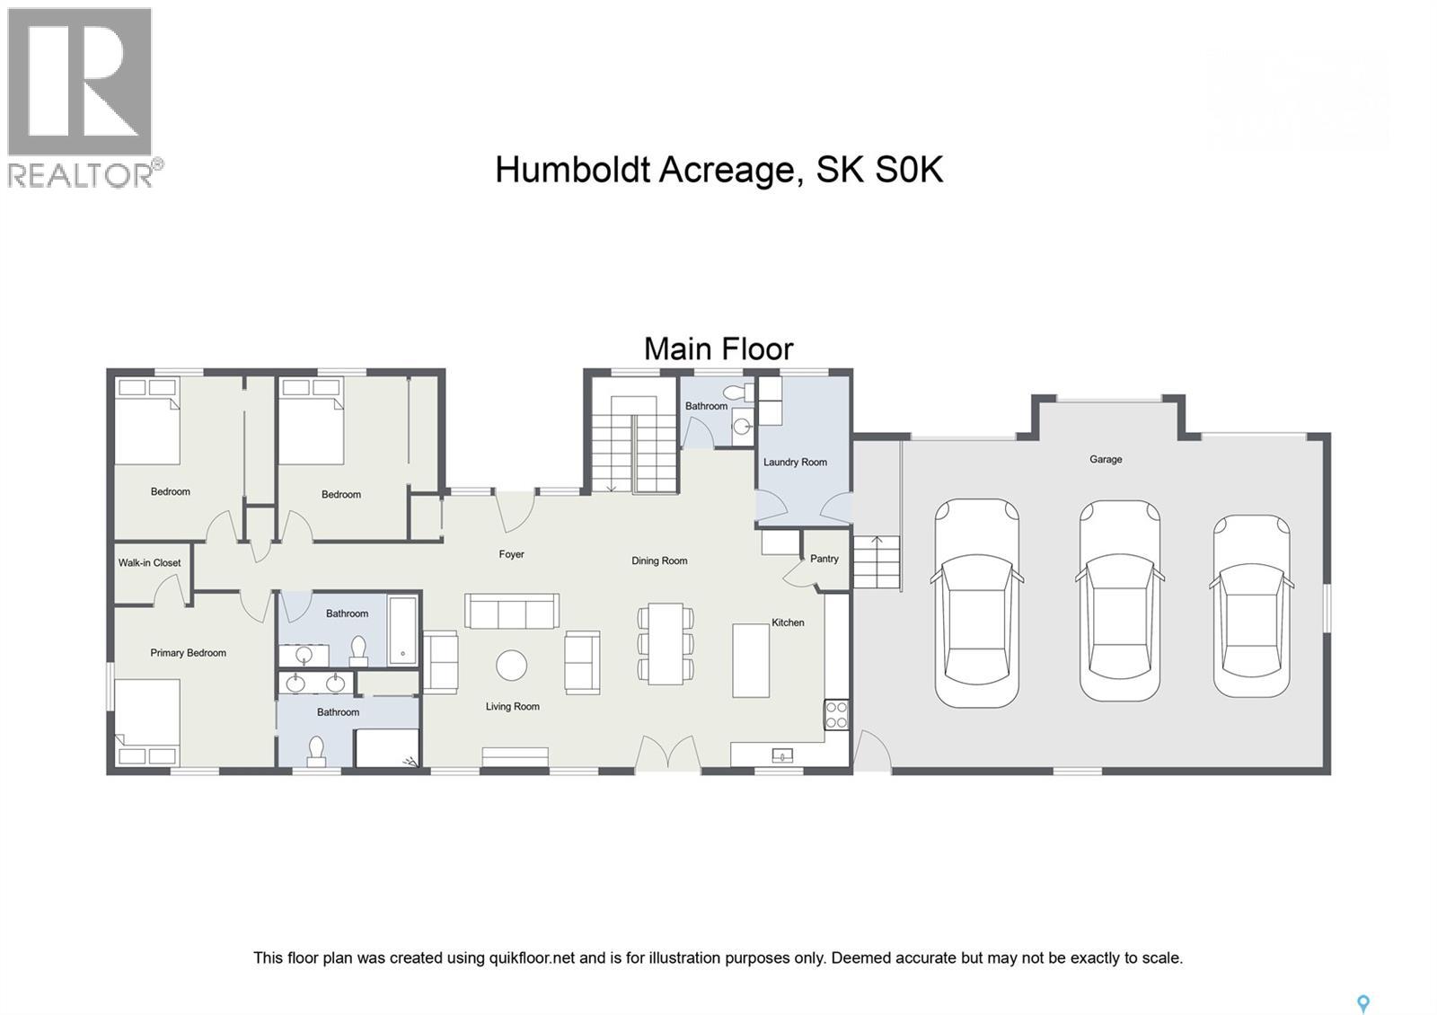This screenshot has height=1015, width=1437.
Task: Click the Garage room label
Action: coord(1106,459)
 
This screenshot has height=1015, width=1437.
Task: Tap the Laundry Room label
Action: coord(795,463)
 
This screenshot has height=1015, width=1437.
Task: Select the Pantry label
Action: coord(824,559)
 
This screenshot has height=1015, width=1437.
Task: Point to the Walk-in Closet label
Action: coord(150,563)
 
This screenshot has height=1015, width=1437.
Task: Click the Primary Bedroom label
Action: coord(188,653)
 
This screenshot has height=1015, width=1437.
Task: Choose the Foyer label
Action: coord(511,554)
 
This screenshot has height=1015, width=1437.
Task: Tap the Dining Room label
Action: coord(659,561)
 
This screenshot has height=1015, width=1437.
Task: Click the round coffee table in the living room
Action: coord(512,666)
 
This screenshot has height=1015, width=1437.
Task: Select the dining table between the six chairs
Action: coord(666,643)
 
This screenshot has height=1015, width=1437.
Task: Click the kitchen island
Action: coord(751,660)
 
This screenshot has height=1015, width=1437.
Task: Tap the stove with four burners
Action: coord(836,715)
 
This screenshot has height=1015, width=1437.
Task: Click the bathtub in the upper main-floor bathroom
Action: coord(403,630)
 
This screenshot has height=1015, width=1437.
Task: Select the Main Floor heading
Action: coord(718,349)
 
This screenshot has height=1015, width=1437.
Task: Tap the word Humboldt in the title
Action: coord(571,169)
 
